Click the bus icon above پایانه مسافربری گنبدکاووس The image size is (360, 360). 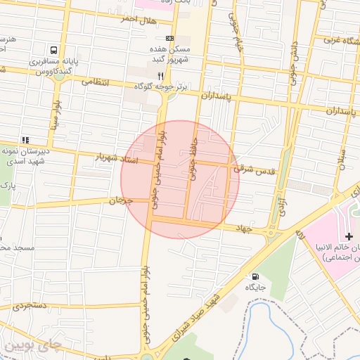coord(54,50)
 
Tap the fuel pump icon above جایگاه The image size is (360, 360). coord(254,276)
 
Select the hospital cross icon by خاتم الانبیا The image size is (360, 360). coord(349,237)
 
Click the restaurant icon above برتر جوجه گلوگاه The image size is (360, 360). coord(160,75)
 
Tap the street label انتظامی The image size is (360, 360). coord(97,82)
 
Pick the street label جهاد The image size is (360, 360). coord(244,227)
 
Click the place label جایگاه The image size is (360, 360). coord(254,288)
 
